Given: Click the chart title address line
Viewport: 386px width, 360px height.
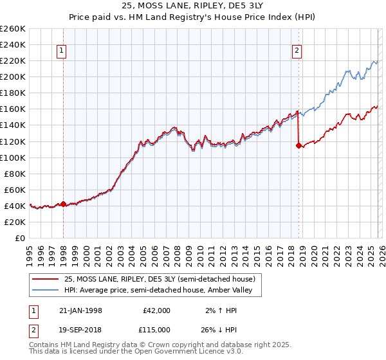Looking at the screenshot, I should (x=193, y=5).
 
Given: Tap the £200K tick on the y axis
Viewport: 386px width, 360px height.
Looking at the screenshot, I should (x=13, y=76).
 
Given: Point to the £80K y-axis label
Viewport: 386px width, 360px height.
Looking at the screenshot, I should (x=14, y=174).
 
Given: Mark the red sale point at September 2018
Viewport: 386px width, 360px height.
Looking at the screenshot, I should (x=299, y=145).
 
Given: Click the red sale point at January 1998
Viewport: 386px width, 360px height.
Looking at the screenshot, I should (x=64, y=204).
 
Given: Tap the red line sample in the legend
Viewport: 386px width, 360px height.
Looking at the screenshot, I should (x=46, y=279).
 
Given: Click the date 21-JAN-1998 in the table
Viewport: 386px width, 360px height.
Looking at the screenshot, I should (x=80, y=310).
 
